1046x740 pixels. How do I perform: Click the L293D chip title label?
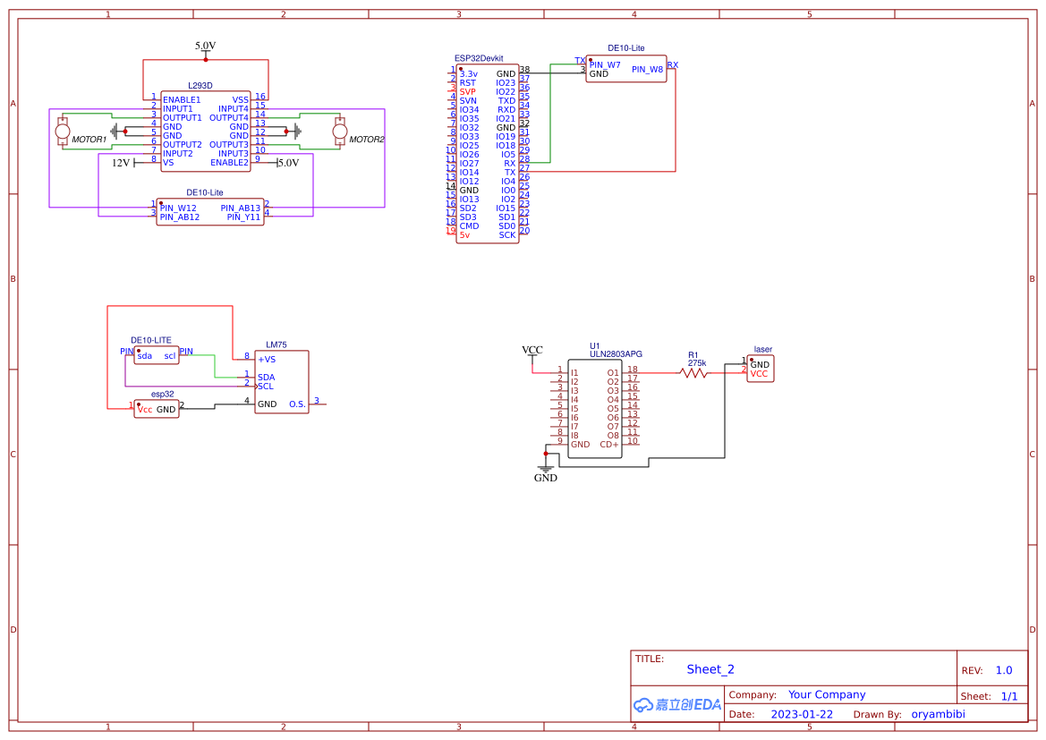click(200, 86)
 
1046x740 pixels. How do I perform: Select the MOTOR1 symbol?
click(63, 132)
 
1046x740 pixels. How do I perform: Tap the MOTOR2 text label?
click(366, 140)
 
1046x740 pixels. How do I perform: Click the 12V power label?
click(121, 163)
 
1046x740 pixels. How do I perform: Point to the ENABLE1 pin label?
click(182, 99)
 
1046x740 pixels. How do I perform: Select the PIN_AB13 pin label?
click(240, 208)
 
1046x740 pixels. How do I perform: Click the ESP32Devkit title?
click(478, 57)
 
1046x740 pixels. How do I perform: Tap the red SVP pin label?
click(468, 92)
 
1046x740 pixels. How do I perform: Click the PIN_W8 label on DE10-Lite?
click(647, 69)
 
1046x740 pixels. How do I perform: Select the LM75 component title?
click(276, 344)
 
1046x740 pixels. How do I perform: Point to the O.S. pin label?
click(297, 404)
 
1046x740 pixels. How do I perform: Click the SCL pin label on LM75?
click(266, 387)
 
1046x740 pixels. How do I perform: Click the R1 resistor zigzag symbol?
click(694, 373)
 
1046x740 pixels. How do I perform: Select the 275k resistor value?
click(697, 363)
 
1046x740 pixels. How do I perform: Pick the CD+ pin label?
click(609, 445)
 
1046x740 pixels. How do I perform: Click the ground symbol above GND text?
click(545, 466)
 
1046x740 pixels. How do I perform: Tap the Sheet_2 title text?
click(710, 669)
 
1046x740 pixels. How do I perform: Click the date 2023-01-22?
click(802, 714)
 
